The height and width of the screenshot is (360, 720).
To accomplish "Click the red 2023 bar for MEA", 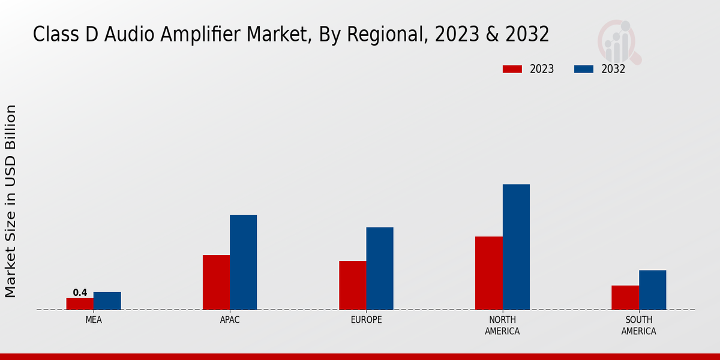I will pos(80,304).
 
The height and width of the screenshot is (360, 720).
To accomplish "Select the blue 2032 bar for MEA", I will pos(107,301).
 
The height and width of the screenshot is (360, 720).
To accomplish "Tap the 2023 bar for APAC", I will pos(216,282).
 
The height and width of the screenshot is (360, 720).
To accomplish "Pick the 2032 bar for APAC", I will pos(243,262).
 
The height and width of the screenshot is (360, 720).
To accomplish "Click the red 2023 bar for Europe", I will pos(352,285).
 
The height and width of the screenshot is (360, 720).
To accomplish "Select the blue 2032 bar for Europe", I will pos(380,268).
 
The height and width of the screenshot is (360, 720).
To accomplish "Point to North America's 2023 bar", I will pos(488,273).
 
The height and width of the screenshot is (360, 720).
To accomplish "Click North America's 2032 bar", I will pos(516,247).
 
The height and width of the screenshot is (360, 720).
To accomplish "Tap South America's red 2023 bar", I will pos(625,298).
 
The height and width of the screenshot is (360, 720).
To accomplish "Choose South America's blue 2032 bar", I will pos(652,290).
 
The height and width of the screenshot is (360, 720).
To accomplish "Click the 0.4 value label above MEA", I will pos(80,293).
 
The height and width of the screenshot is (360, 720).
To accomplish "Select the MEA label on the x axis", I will pos(94,320).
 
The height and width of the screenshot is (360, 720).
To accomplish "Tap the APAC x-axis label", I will pos(230,320).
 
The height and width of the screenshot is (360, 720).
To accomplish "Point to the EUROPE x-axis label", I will pos(366,320).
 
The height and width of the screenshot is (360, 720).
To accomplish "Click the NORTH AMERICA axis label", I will pos(502,325).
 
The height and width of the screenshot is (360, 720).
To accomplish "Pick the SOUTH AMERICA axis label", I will pos(638,325).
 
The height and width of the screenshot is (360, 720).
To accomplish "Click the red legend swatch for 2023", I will pos(512,69).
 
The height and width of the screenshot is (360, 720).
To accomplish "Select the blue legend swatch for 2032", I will pos(583,69).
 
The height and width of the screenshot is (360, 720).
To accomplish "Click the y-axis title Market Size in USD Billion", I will pos(11,201).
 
